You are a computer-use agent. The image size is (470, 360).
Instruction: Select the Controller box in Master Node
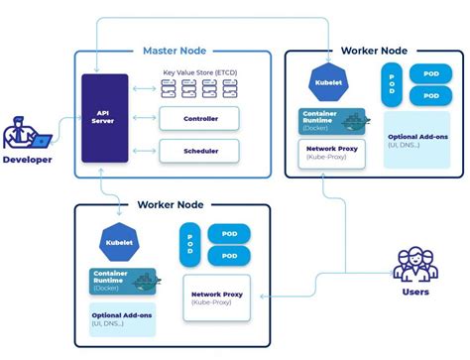point(201,119)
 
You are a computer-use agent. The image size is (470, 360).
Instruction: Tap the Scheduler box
point(201,151)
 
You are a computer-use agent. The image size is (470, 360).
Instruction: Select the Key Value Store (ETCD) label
point(202,72)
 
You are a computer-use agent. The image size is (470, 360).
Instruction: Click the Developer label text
point(27,159)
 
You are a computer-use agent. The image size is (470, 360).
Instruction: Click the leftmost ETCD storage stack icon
point(170,89)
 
